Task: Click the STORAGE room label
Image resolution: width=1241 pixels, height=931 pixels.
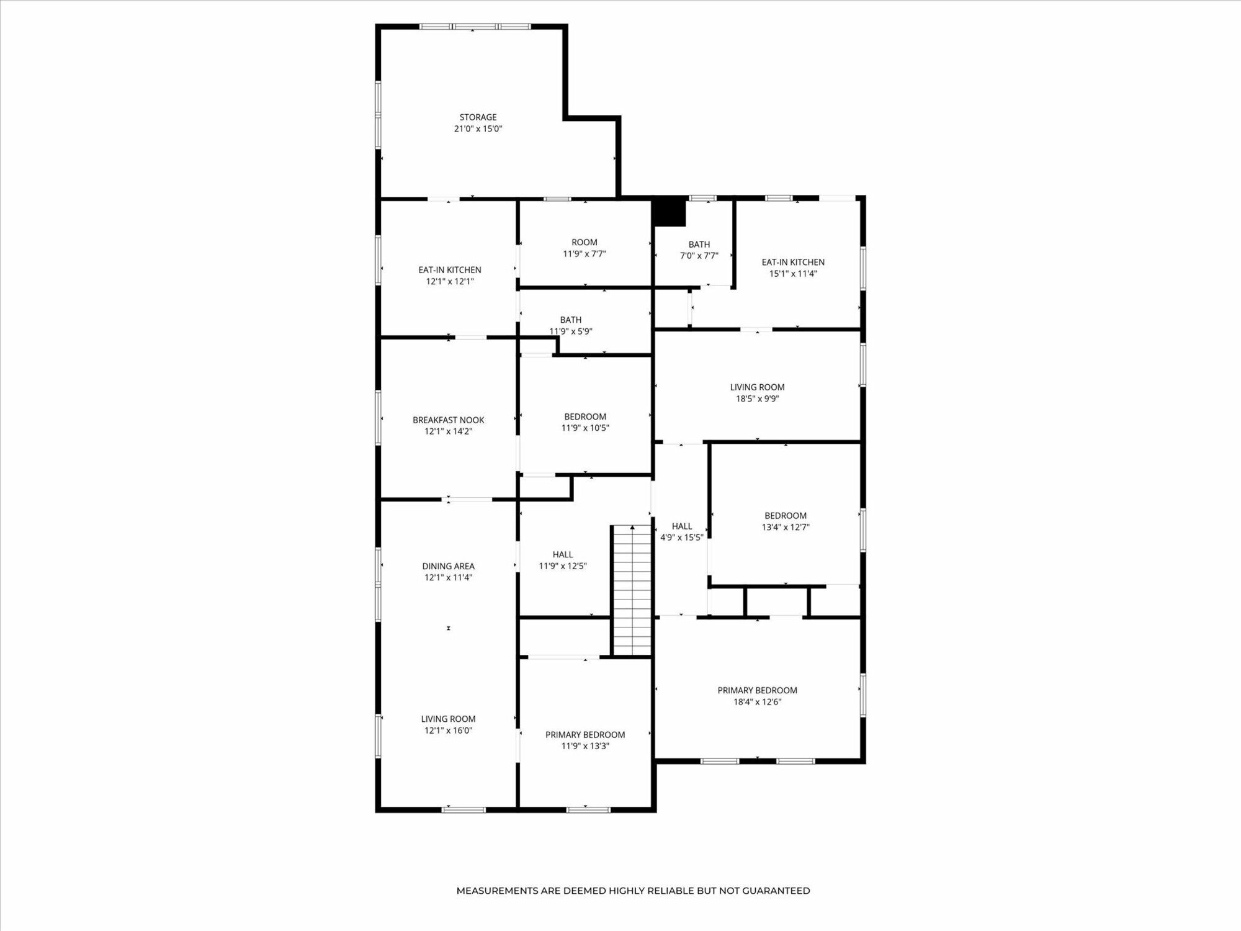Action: click(x=478, y=117)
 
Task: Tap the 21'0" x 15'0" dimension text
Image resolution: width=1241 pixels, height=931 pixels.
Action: click(x=478, y=129)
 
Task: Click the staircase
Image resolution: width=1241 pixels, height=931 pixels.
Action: click(x=632, y=590)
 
